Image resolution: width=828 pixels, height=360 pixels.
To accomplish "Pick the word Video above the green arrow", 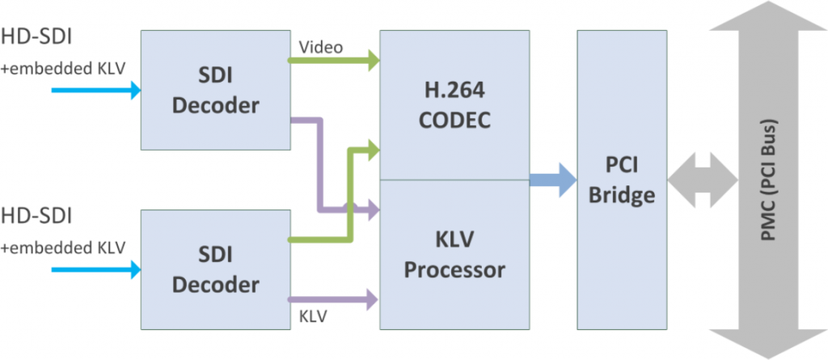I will tap(321, 47).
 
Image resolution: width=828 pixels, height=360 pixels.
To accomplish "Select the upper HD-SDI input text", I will tap(36, 36).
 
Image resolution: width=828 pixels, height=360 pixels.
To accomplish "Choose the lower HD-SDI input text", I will tap(36, 217).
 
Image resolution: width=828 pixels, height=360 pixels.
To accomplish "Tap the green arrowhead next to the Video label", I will tap(372, 60).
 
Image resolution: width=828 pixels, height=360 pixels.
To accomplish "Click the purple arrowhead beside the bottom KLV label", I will tap(372, 299).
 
